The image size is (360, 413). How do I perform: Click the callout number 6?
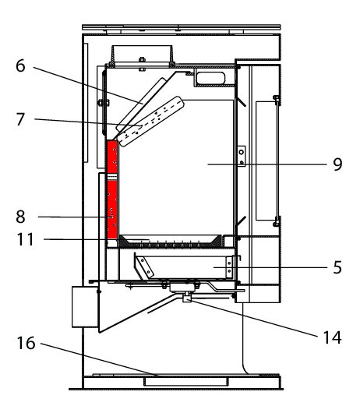pos(20,66)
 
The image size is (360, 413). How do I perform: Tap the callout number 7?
pos(20,119)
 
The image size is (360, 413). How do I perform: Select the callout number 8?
pos(20,217)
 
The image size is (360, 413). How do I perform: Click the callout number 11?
pos(26,239)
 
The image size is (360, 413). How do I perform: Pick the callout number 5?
pos(337,267)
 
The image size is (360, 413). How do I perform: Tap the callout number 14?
pos(333,337)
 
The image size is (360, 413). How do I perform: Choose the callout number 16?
pos(26,343)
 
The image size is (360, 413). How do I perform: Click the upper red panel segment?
pos(112,157)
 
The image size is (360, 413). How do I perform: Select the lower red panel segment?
pos(112,210)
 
